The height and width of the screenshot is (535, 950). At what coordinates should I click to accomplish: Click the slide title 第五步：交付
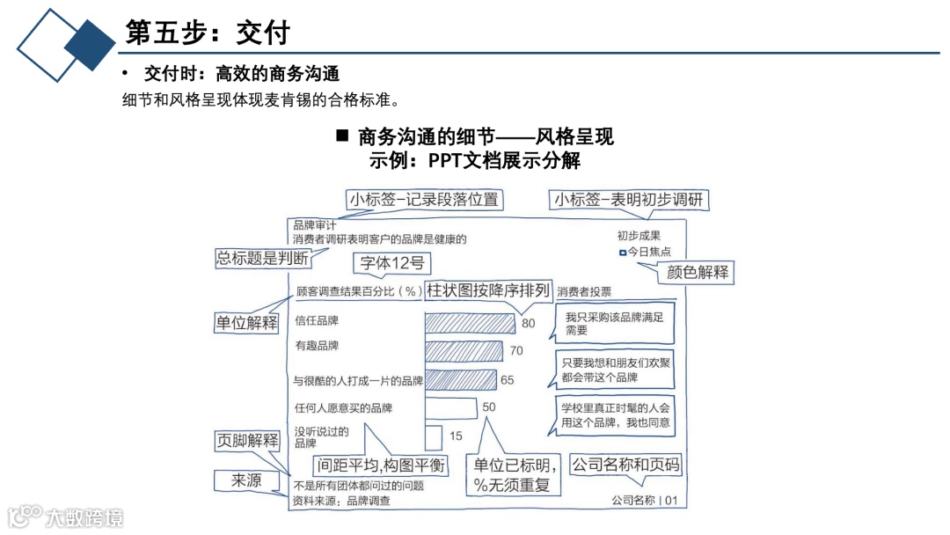tap(208, 33)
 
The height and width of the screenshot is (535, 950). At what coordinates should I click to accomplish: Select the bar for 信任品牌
tap(470, 323)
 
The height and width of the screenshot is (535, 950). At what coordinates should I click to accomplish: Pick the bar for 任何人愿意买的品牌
tap(450, 407)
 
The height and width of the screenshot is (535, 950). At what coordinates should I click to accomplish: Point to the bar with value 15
tap(433, 436)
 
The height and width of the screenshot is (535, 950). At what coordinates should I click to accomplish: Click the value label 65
tap(508, 380)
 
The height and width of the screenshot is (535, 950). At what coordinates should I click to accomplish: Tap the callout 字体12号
tap(393, 262)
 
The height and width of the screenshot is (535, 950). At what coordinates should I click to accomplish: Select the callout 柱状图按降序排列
tap(488, 289)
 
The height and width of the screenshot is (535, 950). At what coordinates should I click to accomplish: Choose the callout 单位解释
tap(247, 322)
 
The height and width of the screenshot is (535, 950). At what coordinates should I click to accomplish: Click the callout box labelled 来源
tap(247, 480)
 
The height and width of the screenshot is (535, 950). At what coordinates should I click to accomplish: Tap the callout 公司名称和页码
tap(625, 465)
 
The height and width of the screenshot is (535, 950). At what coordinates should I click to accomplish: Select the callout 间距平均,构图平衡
tap(380, 465)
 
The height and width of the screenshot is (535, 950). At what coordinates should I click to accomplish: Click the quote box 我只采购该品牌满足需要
tap(614, 323)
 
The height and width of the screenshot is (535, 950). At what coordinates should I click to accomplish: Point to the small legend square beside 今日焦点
tap(623, 253)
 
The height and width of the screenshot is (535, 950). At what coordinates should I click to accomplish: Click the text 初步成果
tap(639, 236)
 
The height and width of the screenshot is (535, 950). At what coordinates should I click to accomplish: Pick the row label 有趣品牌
tap(317, 346)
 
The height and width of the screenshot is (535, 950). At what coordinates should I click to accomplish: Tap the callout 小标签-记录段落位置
tap(424, 200)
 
